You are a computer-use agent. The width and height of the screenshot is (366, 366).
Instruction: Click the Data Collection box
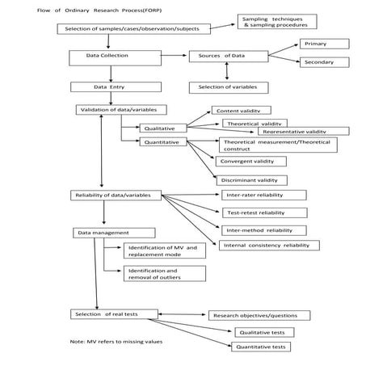(107, 57)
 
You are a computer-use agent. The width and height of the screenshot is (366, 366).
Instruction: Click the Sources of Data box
(228, 57)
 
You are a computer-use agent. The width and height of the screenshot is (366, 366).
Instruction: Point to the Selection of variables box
(229, 86)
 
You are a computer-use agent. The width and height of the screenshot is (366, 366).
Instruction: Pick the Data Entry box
(107, 86)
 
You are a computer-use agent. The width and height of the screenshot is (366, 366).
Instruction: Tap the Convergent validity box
(251, 162)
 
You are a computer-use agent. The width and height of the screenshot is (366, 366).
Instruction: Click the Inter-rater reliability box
(263, 195)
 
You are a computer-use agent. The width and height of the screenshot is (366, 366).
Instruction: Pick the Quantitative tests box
(260, 347)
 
